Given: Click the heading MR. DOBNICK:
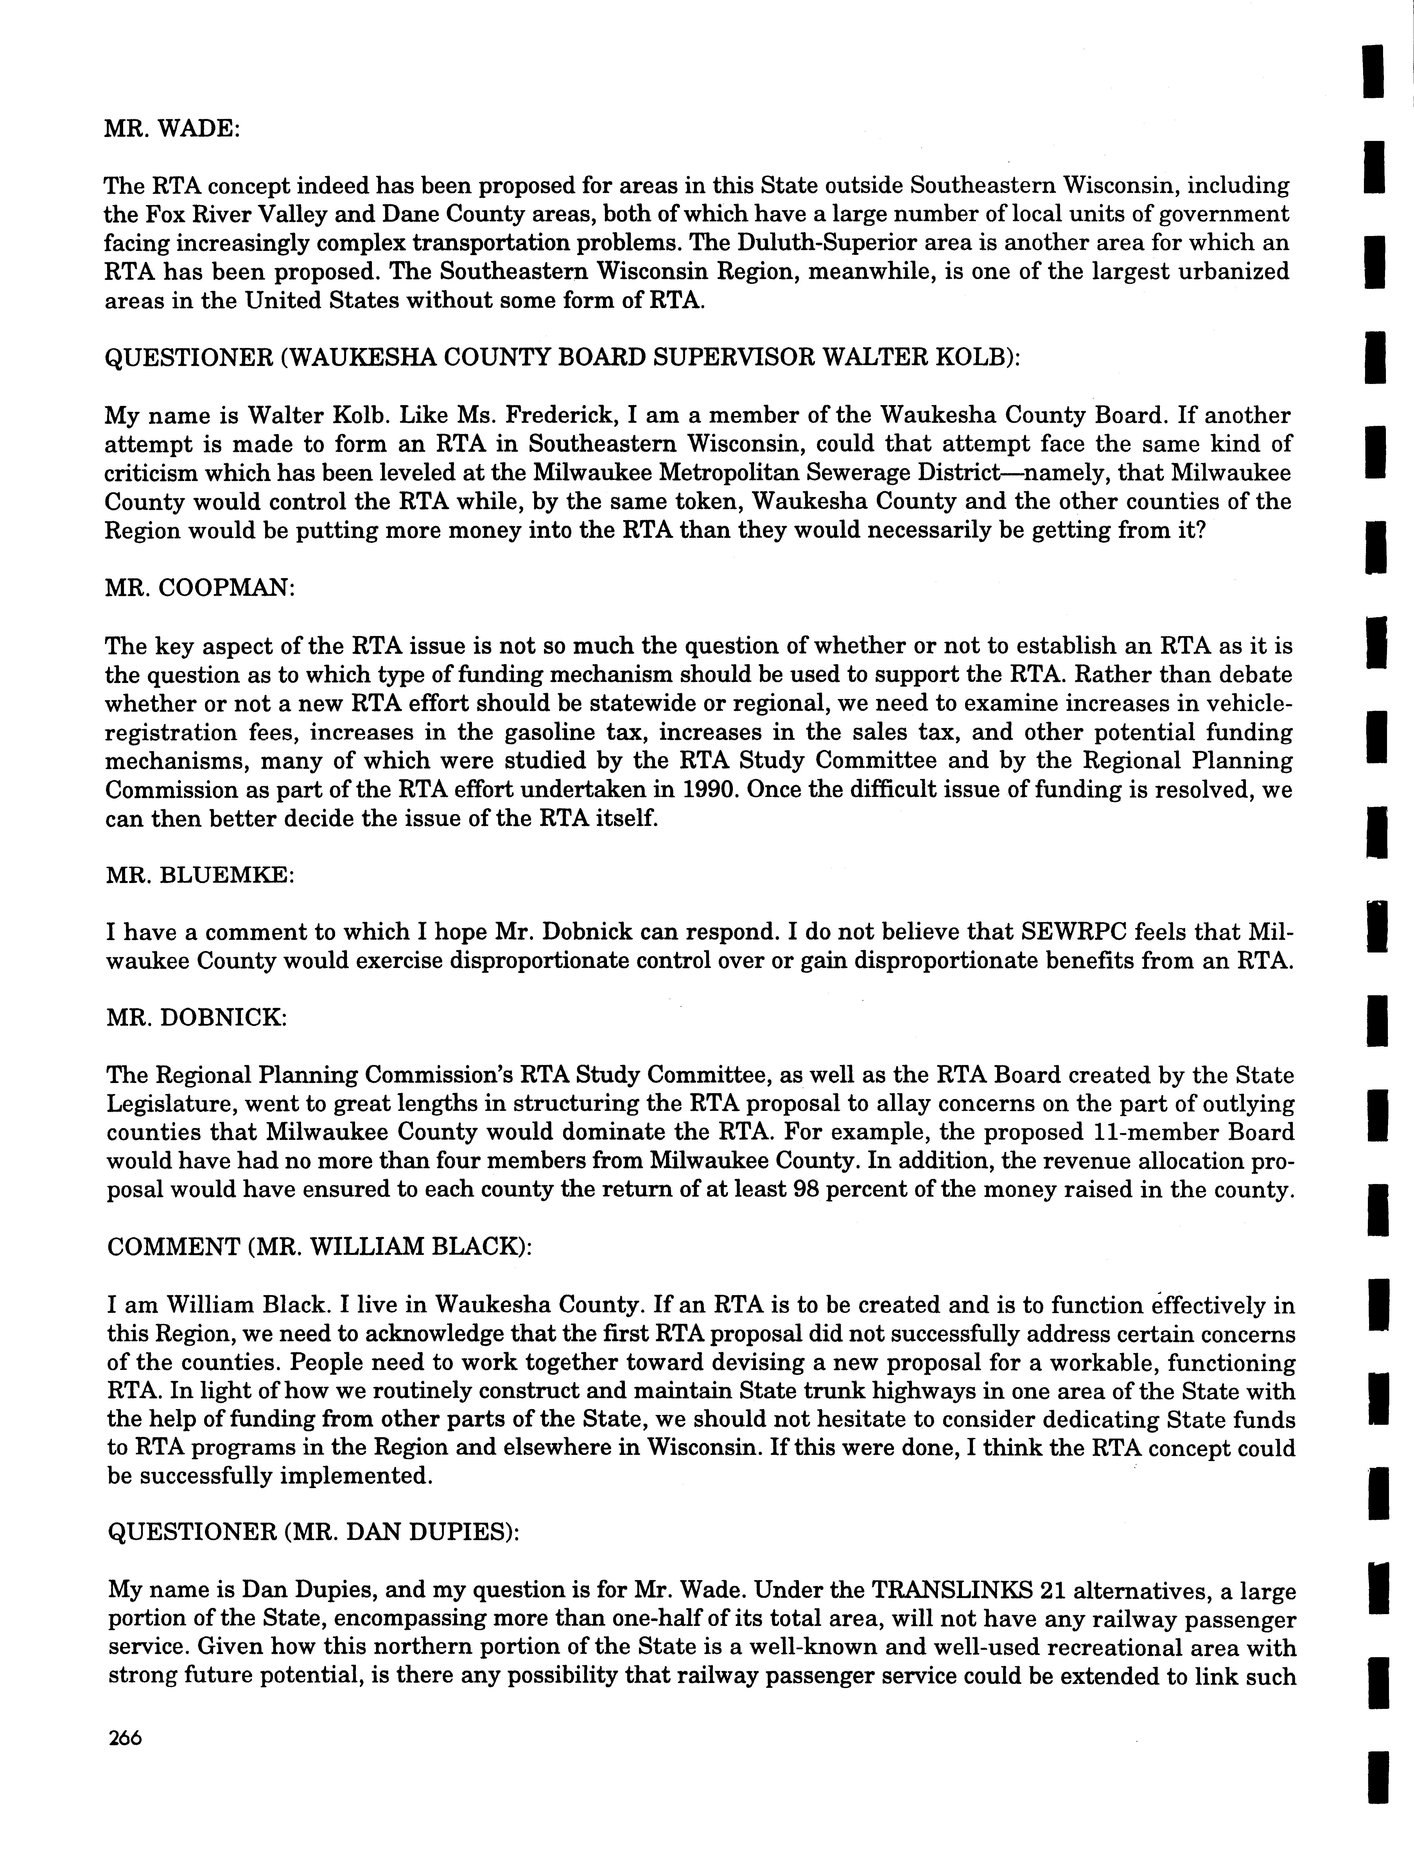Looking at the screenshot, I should tap(197, 1018).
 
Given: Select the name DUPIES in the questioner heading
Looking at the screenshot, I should tap(451, 1533).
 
